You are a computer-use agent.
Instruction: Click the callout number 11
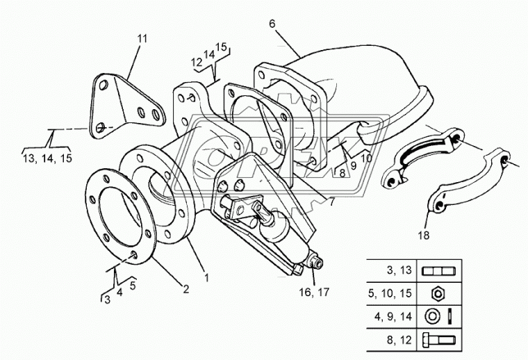[142, 38]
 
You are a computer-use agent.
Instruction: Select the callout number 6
[272, 24]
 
